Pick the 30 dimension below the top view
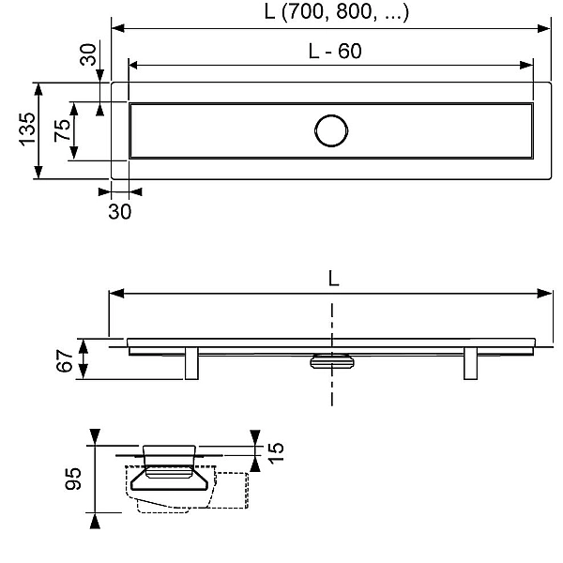coord(119,211)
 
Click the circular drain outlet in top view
coord(330,130)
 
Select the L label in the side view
coord(333,279)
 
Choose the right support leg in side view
coord(471,363)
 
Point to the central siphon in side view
coord(330,358)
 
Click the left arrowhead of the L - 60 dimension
coord(133,65)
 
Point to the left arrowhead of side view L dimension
coord(115,294)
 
